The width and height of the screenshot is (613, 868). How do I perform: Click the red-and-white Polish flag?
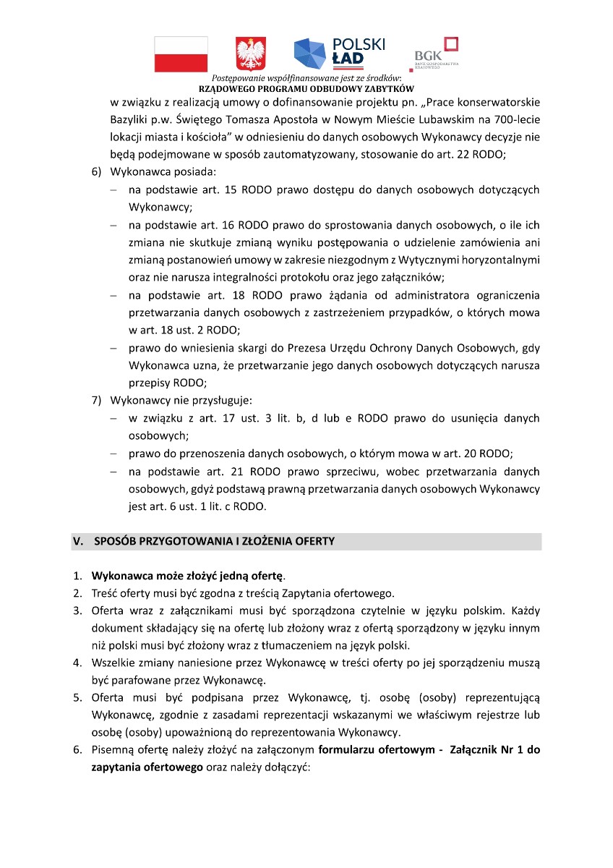[181, 54]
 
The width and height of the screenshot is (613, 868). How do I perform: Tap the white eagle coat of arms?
[251, 55]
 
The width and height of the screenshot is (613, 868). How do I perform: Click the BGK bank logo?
[434, 54]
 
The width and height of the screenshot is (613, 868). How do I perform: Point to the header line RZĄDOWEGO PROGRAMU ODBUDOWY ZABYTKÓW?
[306, 88]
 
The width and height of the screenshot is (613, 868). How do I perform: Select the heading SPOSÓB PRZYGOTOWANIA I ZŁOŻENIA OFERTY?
[214, 542]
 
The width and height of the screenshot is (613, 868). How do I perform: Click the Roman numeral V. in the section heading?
[80, 542]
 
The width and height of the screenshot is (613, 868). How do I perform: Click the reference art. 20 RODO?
[486, 454]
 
